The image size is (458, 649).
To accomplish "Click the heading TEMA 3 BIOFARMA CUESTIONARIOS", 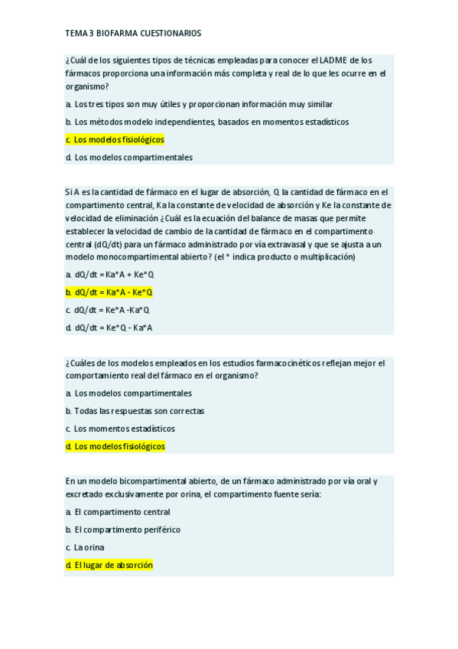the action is pyautogui.click(x=133, y=34).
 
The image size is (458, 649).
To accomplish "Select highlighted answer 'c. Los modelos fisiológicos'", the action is pyautogui.click(x=115, y=139).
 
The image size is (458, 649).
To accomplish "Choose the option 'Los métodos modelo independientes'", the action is pyautogui.click(x=206, y=122).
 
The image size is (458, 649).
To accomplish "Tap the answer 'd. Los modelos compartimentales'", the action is pyautogui.click(x=128, y=157).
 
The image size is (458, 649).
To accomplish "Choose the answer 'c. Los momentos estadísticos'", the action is pyautogui.click(x=120, y=429).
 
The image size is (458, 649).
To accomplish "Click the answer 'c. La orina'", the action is pyautogui.click(x=85, y=547).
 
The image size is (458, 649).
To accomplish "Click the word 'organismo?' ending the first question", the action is pyautogui.click(x=86, y=86).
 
